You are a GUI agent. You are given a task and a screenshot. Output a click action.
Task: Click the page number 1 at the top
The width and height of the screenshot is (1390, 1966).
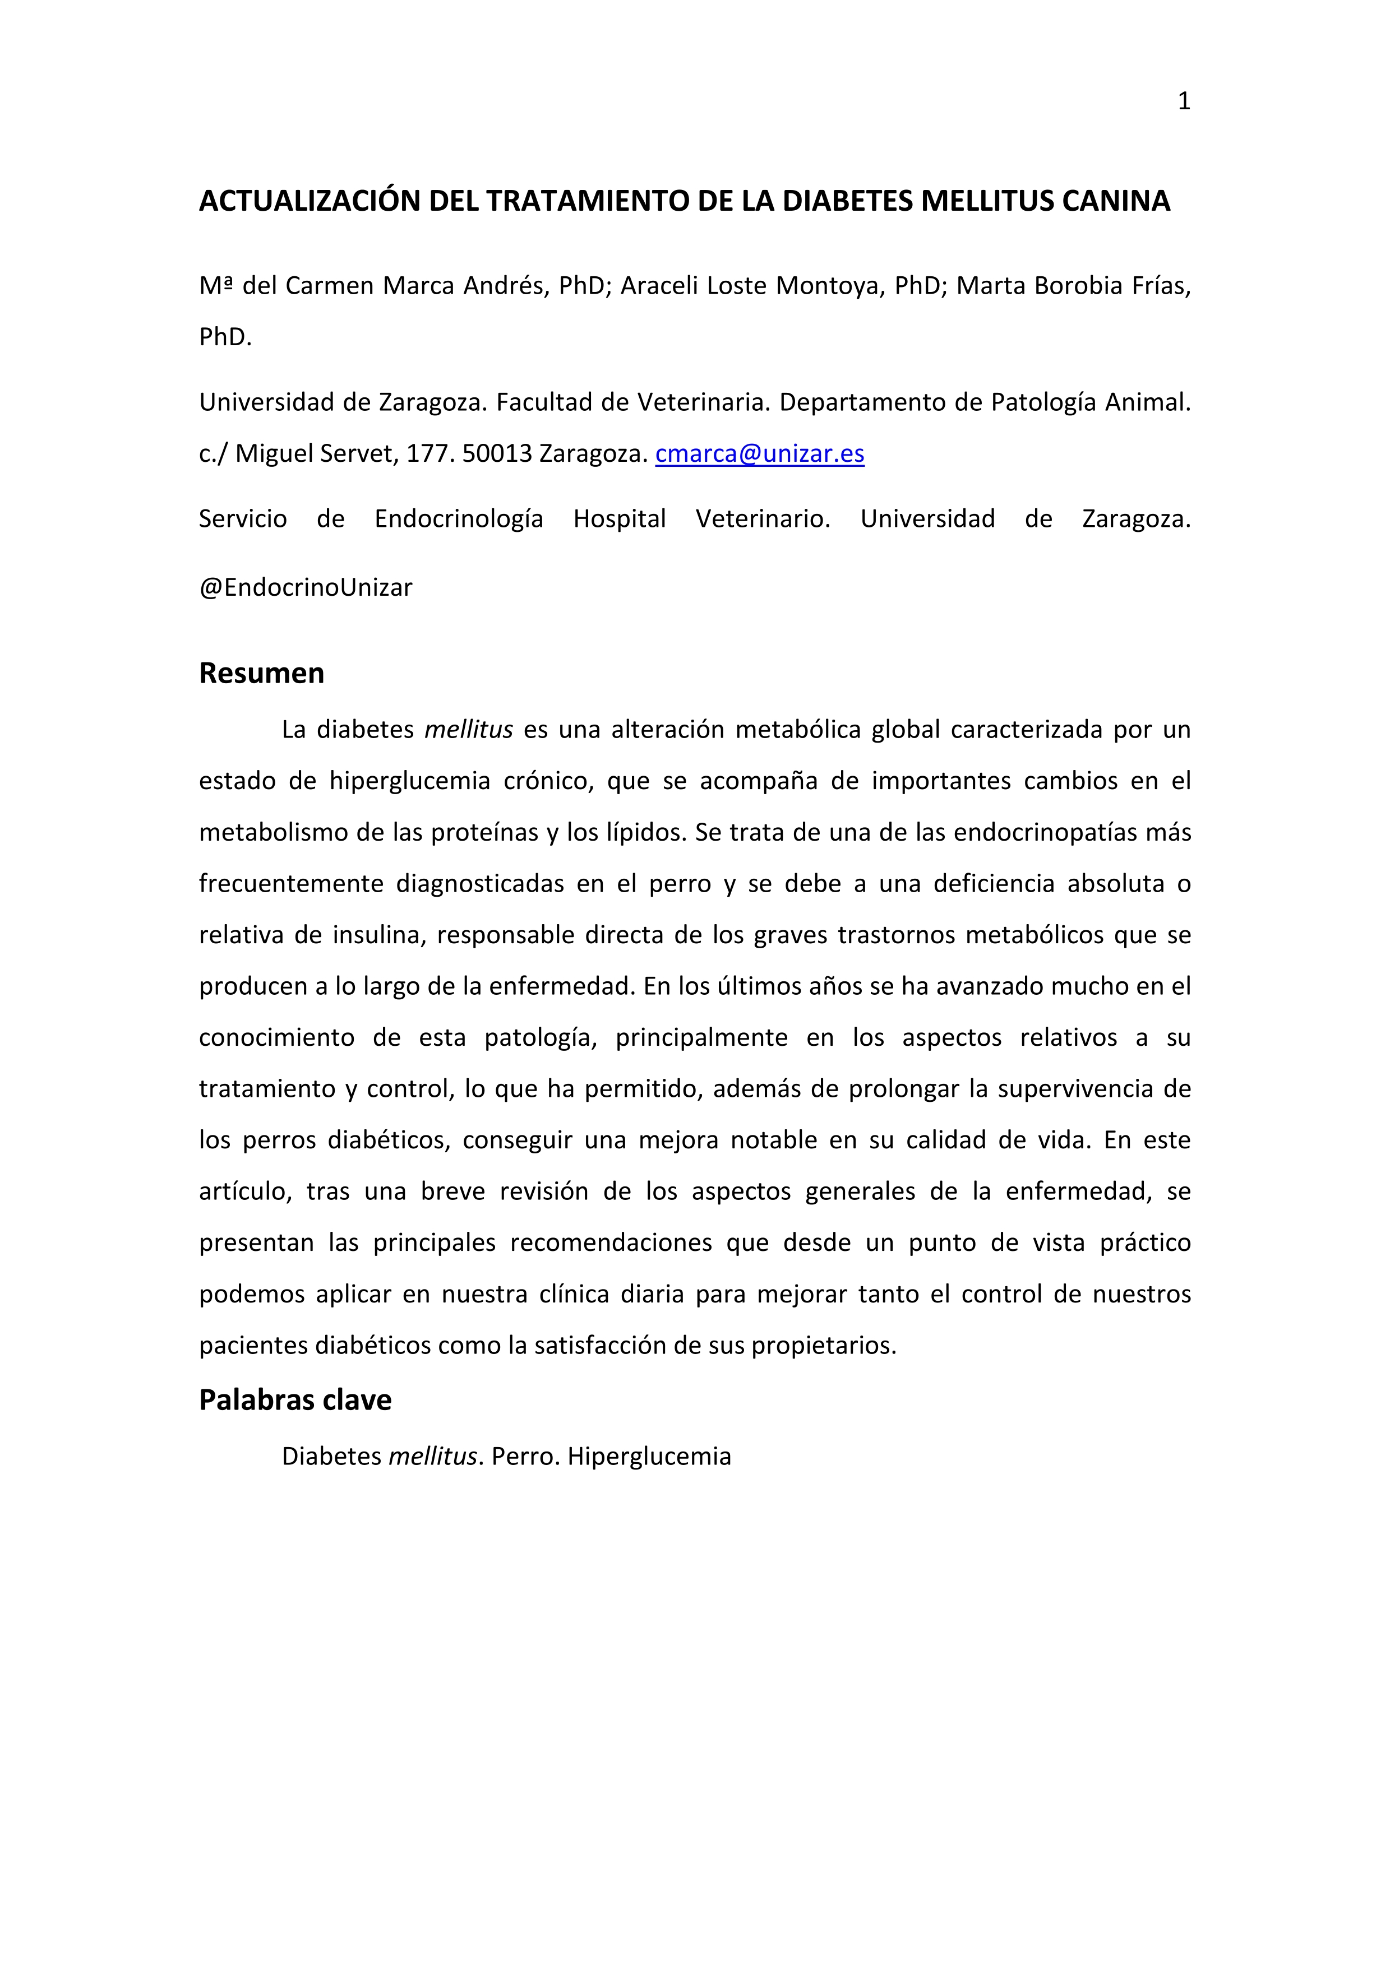coord(1184,102)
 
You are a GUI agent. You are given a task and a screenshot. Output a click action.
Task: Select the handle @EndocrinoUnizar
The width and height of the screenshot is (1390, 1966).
coord(306,587)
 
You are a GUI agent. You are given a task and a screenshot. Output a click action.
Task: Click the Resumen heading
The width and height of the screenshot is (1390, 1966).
coord(261,673)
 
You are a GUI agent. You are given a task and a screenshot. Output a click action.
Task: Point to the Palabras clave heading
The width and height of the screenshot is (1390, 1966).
coord(295,1399)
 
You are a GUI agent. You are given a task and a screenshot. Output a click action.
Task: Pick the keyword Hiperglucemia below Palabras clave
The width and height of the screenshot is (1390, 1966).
coord(649,1457)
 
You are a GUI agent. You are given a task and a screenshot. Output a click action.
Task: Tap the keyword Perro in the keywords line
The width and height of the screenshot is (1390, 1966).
coord(525,1457)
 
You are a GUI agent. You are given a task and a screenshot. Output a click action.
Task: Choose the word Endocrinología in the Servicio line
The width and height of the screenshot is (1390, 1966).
coord(459,519)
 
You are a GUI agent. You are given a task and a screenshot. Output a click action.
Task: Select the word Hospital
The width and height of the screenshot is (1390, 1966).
coord(619,519)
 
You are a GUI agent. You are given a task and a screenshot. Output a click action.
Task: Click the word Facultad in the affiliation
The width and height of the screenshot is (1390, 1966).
coord(544,402)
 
